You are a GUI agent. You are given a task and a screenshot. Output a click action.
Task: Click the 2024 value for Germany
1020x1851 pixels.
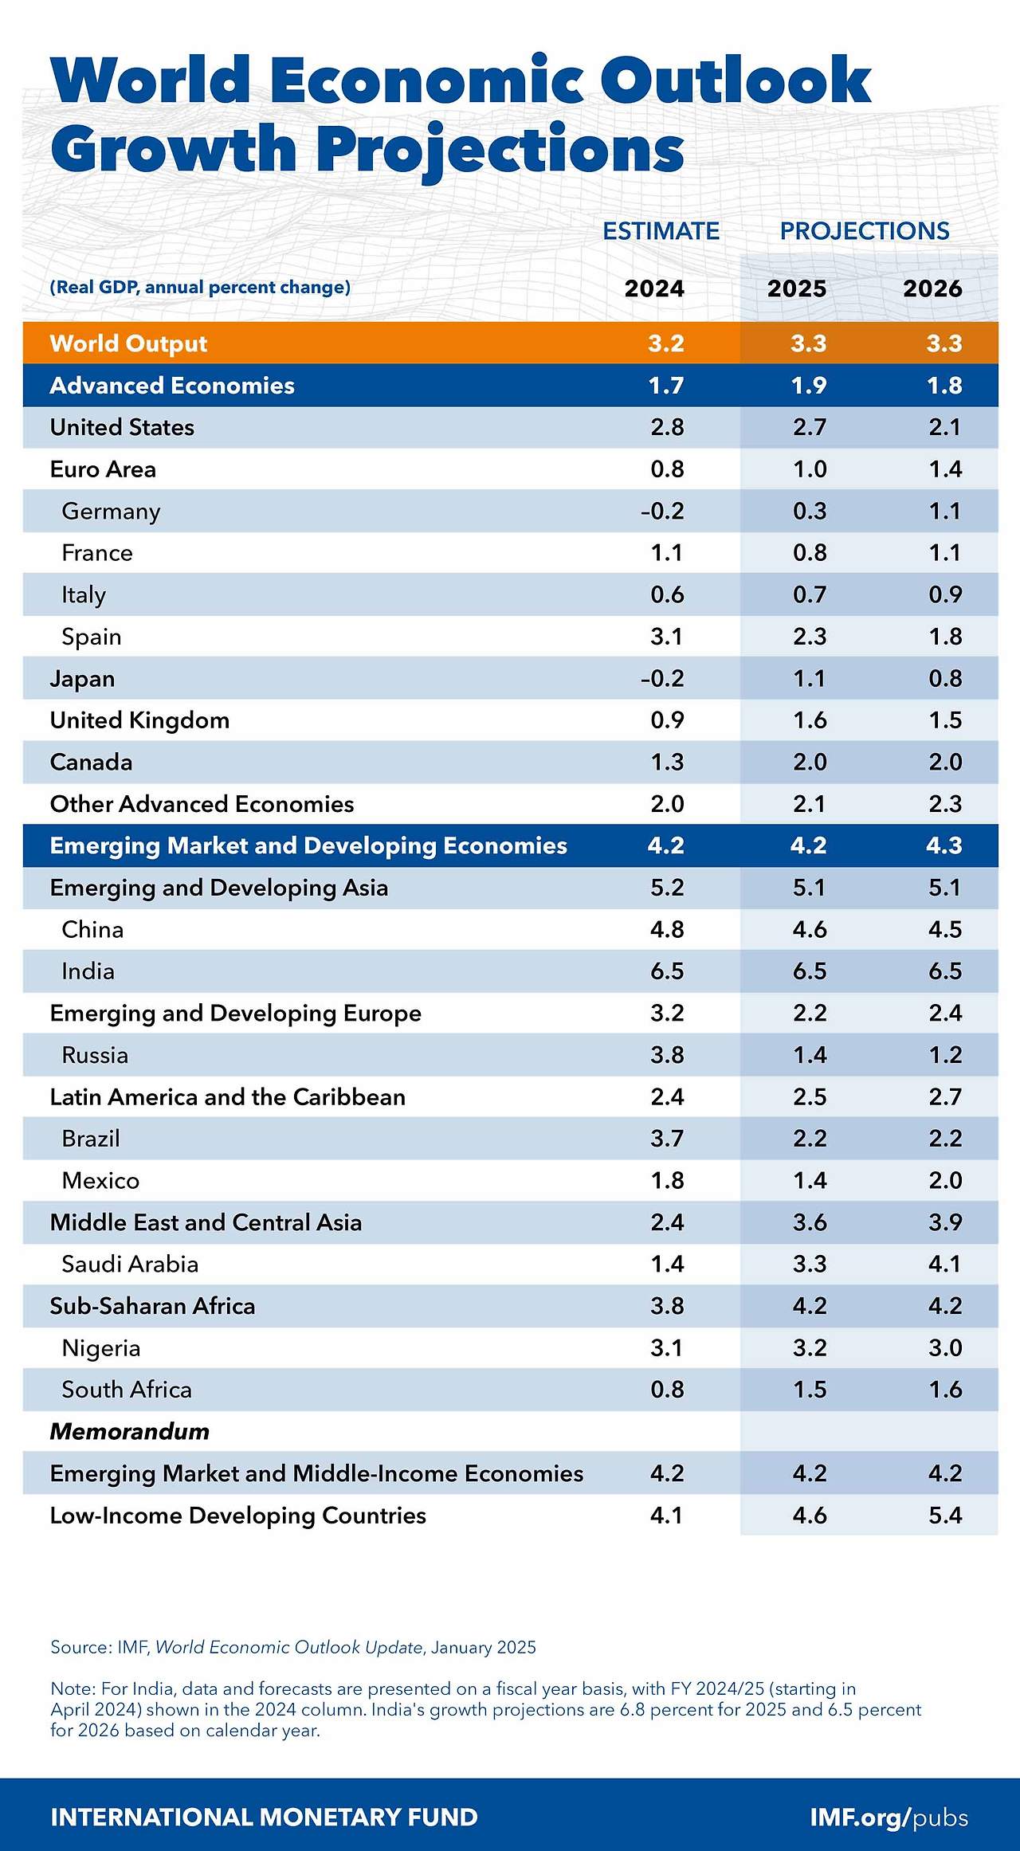tap(662, 511)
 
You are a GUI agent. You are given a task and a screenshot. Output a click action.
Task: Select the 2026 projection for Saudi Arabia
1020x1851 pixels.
tap(945, 1264)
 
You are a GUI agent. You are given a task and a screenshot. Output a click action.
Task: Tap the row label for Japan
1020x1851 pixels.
tap(82, 679)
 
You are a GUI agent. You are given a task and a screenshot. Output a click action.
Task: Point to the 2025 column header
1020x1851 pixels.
tap(797, 288)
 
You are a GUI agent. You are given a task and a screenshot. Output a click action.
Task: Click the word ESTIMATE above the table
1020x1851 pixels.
tap(661, 231)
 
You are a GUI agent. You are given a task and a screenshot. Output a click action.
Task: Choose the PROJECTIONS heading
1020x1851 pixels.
tap(865, 231)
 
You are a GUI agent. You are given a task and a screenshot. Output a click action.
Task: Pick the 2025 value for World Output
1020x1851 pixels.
tap(809, 343)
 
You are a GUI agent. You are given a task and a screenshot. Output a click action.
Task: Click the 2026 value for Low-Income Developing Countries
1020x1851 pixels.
tap(945, 1515)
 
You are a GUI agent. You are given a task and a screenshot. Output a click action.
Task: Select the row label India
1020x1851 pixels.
tap(88, 971)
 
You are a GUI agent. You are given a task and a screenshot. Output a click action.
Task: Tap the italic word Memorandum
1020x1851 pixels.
tap(129, 1431)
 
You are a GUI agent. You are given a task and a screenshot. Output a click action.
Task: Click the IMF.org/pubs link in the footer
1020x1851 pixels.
tap(889, 1817)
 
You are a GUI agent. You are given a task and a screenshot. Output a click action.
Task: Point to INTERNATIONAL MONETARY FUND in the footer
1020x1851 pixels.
tap(264, 1817)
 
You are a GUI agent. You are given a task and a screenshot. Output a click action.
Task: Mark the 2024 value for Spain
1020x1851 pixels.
tap(667, 637)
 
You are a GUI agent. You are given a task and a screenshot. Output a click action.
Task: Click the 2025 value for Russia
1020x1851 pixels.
tap(810, 1055)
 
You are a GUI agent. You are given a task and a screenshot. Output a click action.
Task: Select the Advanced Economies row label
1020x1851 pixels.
tap(172, 386)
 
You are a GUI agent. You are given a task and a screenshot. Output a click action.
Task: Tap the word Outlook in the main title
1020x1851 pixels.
tap(735, 80)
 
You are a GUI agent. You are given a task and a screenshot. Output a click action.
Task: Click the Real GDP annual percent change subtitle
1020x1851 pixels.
tap(200, 287)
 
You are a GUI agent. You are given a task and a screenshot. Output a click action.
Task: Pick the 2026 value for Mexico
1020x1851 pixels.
tap(945, 1180)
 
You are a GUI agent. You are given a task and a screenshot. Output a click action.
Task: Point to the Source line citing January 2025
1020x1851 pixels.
tap(292, 1647)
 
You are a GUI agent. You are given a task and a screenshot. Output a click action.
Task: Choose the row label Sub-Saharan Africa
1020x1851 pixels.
tap(152, 1306)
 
